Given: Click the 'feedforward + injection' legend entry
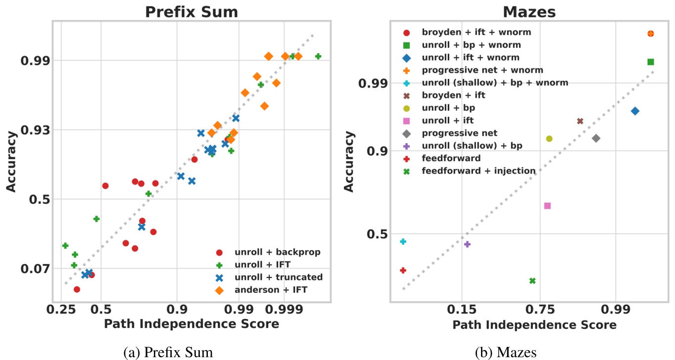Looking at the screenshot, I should (x=479, y=171).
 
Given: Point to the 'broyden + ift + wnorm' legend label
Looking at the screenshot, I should (x=476, y=32).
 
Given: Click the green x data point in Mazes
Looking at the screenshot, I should (x=532, y=281).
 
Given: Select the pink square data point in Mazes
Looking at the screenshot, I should (x=547, y=206).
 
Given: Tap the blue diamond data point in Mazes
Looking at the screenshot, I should (x=635, y=111).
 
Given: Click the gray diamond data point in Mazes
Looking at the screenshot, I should (x=596, y=138).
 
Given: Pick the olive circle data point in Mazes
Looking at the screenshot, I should (x=549, y=139).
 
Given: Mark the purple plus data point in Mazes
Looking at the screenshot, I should (x=467, y=244).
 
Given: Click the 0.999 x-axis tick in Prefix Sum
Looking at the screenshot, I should (x=284, y=310).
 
